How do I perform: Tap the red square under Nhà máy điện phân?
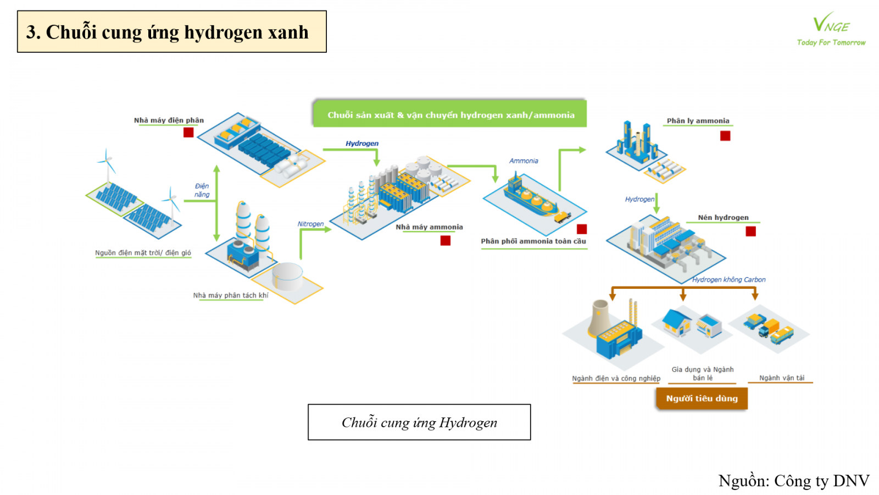click(188, 133)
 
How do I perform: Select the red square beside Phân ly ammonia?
click(725, 136)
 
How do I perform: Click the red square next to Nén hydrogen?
click(750, 232)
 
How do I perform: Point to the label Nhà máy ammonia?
click(429, 227)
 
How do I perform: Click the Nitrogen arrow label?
click(310, 224)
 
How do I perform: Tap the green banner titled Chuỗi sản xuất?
click(450, 114)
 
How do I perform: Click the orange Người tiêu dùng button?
click(702, 398)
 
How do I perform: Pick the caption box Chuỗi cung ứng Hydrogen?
click(419, 422)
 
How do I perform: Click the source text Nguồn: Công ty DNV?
click(793, 481)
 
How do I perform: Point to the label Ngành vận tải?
click(781, 378)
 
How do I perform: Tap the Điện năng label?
click(202, 190)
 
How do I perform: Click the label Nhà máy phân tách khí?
click(231, 295)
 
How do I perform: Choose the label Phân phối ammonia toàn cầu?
click(533, 241)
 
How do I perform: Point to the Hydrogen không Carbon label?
click(728, 279)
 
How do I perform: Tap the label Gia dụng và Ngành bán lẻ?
click(702, 373)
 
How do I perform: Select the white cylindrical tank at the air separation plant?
click(287, 276)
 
